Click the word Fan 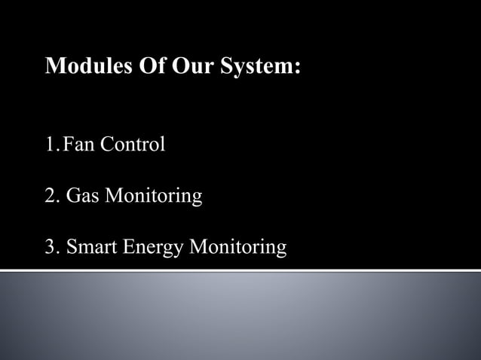(75, 144)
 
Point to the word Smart (90, 247)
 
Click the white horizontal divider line (240, 269)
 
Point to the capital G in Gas (72, 197)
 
